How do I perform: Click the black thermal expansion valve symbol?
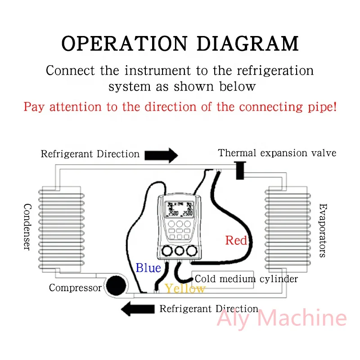coord(240,170)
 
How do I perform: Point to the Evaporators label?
coord(322,230)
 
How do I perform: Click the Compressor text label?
coord(75,288)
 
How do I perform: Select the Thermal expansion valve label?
coord(277,153)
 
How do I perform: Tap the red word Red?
coord(236,240)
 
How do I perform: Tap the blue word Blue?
coord(148,268)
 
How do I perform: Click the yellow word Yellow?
coord(184,288)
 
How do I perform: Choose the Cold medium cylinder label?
coord(246,279)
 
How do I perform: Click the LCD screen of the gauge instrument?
coord(179,209)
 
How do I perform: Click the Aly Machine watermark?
coord(282,319)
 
